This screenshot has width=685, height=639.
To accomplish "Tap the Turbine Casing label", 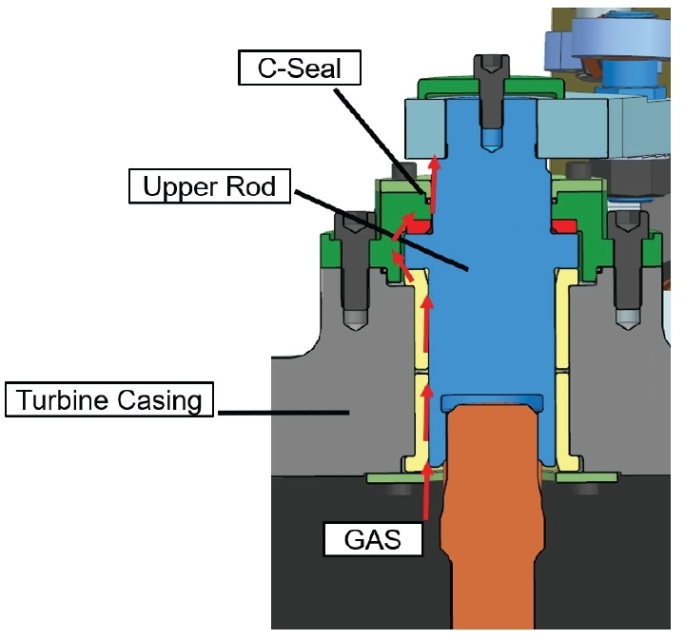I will [x=108, y=399].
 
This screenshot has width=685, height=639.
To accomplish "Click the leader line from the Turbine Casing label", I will [x=276, y=411].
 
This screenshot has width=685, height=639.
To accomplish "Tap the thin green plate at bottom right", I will [x=589, y=476].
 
